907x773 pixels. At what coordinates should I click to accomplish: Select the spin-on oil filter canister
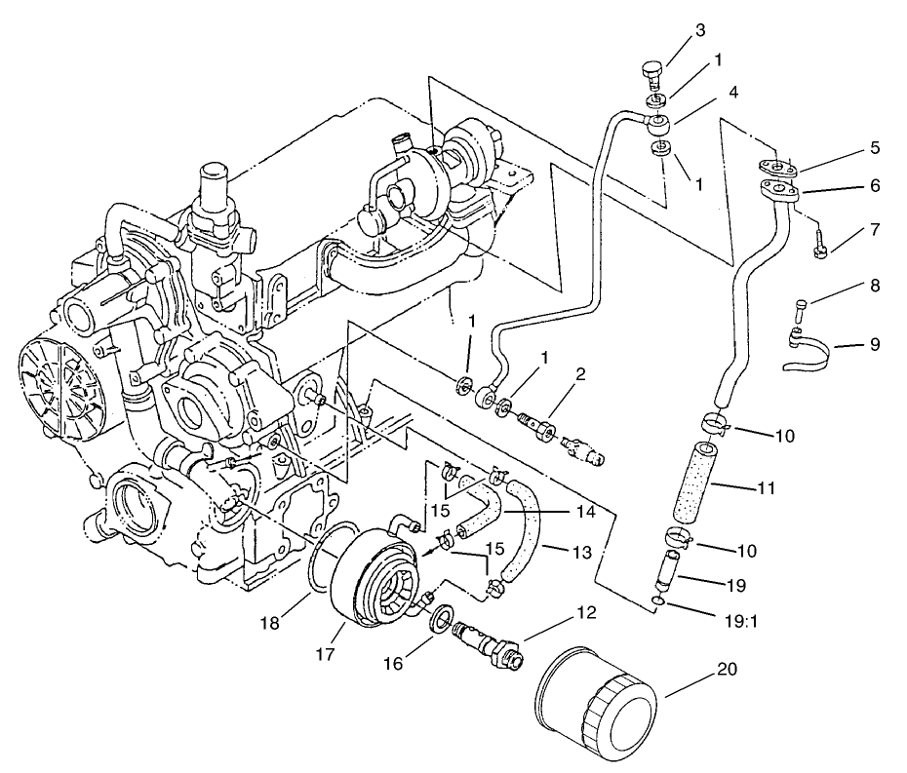597,704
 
